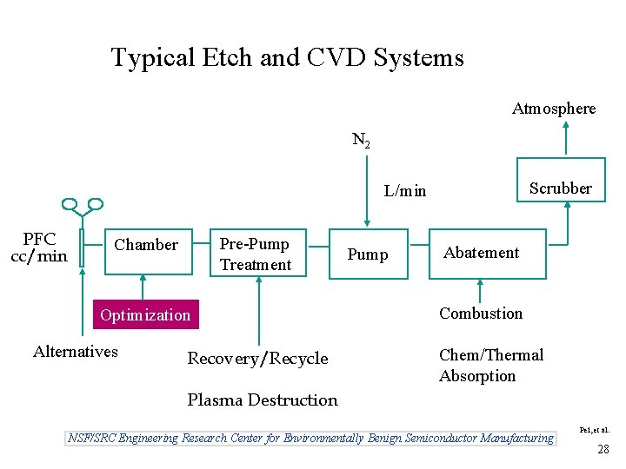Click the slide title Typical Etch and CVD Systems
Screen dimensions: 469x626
point(287,58)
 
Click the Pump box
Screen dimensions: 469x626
point(368,254)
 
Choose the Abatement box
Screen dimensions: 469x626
point(487,253)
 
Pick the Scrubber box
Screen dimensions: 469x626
point(561,188)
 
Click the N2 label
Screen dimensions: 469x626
point(361,140)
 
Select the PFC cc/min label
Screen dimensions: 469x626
point(39,248)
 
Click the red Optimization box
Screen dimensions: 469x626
point(145,314)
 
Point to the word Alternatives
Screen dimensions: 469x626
point(76,352)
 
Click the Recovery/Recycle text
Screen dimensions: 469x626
point(258,359)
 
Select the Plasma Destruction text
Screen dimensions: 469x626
point(263,400)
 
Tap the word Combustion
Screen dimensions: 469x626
point(481,314)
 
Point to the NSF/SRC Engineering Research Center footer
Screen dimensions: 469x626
point(310,438)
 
